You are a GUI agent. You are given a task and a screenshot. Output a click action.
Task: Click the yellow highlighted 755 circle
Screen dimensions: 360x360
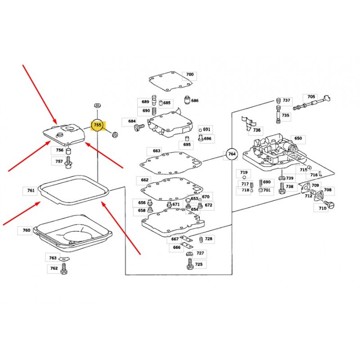tap(98, 126)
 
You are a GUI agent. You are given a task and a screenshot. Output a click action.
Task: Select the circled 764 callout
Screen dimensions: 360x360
tap(232, 154)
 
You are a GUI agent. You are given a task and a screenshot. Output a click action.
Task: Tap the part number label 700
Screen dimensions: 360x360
tap(190, 75)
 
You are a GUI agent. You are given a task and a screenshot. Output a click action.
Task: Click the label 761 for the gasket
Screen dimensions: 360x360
tap(31, 191)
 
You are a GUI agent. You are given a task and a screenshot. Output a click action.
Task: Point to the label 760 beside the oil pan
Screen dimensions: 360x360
tap(27, 230)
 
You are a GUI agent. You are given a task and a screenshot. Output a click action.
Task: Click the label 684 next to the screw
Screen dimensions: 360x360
tap(132, 121)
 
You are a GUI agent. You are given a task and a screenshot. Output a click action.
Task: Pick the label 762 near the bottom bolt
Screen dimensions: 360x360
tap(54, 268)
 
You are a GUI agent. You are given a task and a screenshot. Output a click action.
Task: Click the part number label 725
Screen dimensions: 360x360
tap(198, 264)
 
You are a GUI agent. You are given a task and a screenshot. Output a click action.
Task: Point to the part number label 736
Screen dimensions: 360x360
tap(257, 130)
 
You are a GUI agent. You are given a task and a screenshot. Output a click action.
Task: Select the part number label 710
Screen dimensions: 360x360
tap(323, 208)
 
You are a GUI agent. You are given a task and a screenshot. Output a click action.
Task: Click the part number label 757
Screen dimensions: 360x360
tap(59, 161)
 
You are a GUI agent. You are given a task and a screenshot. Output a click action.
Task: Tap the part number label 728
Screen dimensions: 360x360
tap(209, 239)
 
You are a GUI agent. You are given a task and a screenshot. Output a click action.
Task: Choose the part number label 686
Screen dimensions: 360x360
tap(195, 101)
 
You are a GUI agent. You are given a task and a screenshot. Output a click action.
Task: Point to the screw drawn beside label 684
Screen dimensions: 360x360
tap(139, 128)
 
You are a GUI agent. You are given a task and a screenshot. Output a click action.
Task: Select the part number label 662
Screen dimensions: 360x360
tap(144, 180)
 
